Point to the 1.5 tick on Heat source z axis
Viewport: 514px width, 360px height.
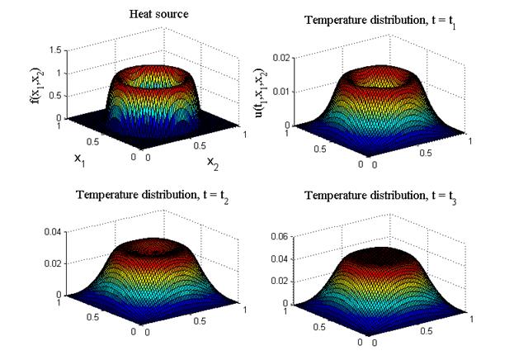coord(54,50)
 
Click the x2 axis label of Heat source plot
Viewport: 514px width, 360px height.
coord(213,160)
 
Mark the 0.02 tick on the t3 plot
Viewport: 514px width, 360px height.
coord(283,281)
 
